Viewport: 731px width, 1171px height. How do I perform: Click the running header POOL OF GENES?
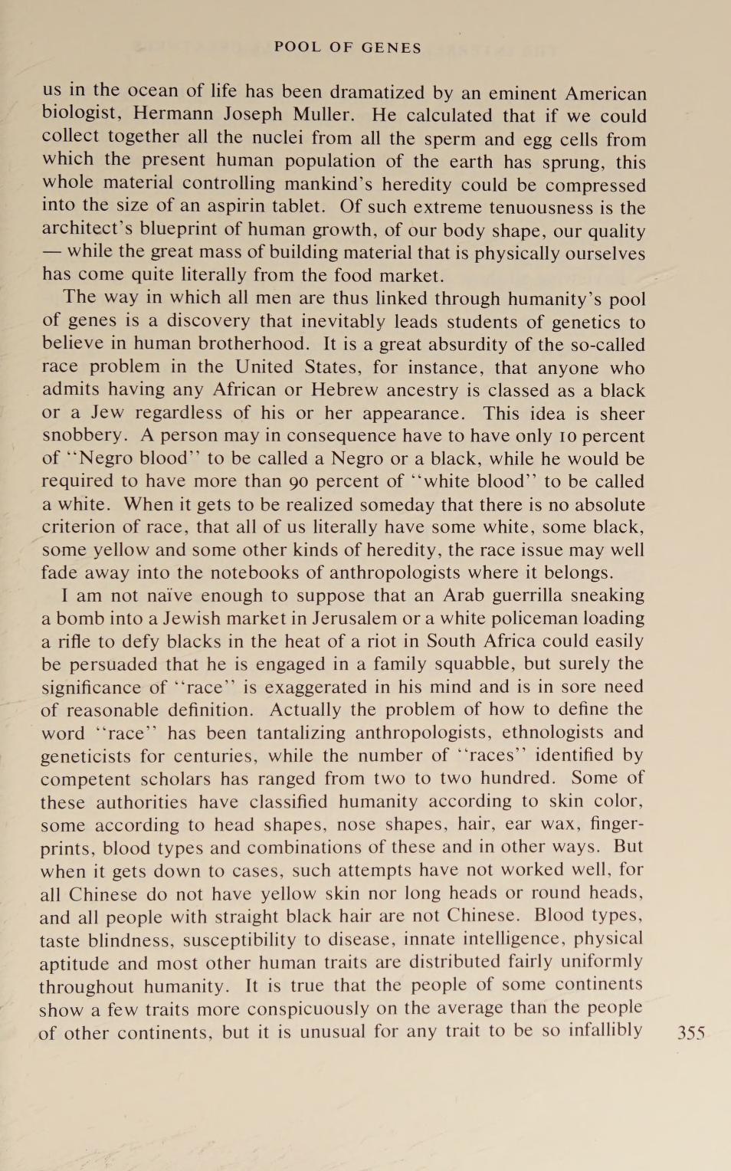tap(348, 48)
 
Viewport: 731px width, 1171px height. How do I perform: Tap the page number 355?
tap(691, 1032)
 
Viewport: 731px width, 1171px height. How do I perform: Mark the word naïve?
tap(175, 595)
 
